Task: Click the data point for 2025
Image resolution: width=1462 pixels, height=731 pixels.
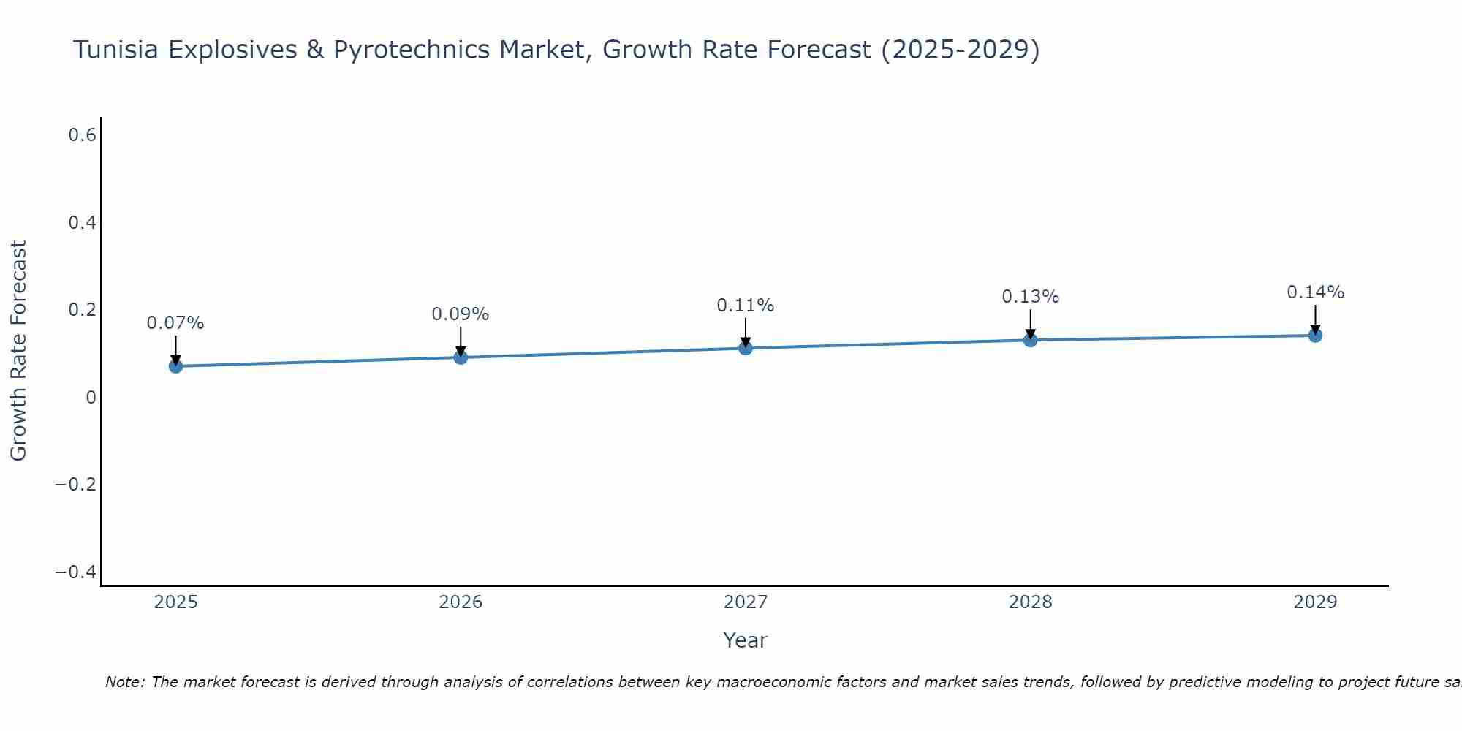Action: pos(175,365)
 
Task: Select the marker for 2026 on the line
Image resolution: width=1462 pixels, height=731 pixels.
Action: pos(461,357)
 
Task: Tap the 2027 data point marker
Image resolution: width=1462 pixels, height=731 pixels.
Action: pos(746,348)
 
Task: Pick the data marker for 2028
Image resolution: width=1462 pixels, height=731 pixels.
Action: pos(1030,340)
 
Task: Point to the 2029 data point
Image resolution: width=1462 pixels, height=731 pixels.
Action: pos(1315,336)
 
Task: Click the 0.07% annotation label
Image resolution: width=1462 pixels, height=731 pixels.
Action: pos(175,323)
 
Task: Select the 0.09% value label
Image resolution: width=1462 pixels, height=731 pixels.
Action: pos(461,314)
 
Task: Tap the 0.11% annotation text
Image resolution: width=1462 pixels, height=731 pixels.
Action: pos(746,306)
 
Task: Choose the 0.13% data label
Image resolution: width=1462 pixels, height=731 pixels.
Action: pos(1030,297)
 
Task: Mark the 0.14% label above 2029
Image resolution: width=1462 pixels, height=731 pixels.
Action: pos(1315,292)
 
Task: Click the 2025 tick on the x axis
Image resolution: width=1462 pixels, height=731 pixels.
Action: pos(175,602)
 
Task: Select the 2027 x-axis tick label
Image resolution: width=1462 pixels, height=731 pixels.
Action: pos(746,602)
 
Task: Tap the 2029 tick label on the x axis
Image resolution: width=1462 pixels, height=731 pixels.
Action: pos(1315,602)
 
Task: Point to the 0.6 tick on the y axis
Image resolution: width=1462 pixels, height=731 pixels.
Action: pos(83,135)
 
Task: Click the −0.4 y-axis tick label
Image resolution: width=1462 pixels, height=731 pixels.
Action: pos(76,572)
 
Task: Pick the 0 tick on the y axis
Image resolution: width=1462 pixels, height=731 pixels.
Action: pos(91,398)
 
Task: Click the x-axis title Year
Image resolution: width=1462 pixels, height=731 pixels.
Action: pos(745,640)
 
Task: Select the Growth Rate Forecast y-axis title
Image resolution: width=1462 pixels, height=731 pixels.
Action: pos(18,351)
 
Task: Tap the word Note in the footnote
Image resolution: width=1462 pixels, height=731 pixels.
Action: pos(124,682)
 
